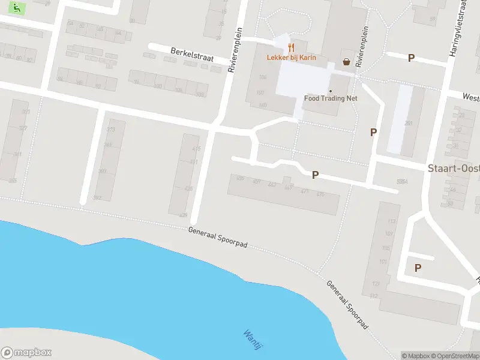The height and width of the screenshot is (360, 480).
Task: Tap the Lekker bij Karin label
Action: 291,58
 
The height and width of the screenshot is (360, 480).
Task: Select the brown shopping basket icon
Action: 346,61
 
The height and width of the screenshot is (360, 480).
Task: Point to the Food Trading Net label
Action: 332,98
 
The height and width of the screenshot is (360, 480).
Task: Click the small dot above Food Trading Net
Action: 330,91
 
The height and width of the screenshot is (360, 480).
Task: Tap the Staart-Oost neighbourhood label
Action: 453,169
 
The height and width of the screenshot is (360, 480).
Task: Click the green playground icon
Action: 19,8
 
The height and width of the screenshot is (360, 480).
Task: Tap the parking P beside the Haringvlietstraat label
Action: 411,58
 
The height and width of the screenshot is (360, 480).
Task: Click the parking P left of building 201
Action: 373,132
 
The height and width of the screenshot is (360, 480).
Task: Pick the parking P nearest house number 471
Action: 314,175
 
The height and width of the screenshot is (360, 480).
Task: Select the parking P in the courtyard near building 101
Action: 418,268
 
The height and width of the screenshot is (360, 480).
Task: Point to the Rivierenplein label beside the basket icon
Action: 362,45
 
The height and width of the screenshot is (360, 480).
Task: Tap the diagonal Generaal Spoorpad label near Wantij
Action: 347,304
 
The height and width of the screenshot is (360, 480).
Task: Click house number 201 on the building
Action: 409,123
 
